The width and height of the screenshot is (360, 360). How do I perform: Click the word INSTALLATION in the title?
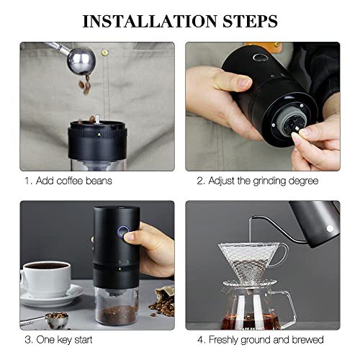(x=150, y=21)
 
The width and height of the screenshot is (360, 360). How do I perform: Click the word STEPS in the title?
(x=250, y=21)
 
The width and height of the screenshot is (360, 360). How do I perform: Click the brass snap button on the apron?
(x=105, y=53)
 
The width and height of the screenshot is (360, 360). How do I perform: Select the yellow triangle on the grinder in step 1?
(x=99, y=134)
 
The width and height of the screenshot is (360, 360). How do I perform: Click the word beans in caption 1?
(x=99, y=181)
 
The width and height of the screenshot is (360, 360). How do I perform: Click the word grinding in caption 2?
(x=269, y=181)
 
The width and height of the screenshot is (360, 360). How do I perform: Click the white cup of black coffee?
(x=45, y=279)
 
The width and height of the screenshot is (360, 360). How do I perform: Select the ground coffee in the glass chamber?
(x=117, y=314)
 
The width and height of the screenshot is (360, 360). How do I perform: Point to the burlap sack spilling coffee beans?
(x=163, y=302)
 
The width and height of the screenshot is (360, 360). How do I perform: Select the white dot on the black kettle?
(x=330, y=228)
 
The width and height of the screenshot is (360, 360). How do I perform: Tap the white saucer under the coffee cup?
(x=52, y=297)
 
